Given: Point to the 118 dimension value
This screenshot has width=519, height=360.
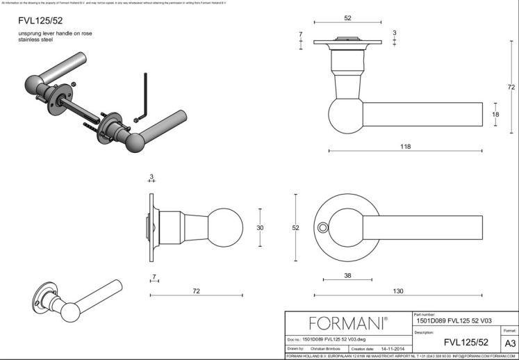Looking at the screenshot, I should (406, 146).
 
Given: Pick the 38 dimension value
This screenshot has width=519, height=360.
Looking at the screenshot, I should (347, 275).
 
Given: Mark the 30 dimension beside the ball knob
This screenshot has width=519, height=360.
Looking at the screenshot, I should (261, 227).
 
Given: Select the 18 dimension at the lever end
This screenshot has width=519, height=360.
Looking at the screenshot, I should (495, 115).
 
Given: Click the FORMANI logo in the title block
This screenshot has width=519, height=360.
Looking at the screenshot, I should (348, 323).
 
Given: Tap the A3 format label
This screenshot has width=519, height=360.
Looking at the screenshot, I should (510, 343).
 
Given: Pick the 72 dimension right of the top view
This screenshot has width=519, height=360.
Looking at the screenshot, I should (511, 87).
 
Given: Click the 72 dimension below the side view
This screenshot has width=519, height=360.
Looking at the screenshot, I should (196, 291).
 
